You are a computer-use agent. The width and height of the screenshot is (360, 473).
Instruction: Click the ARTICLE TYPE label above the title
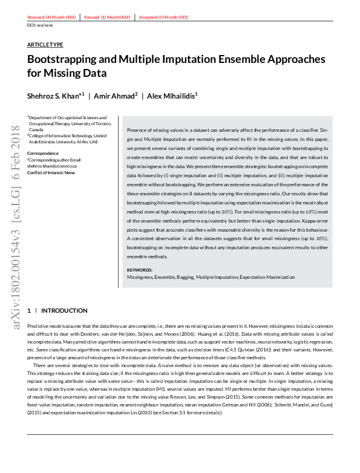(x=45, y=45)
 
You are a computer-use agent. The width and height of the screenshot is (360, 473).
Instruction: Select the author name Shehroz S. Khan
(x=54, y=96)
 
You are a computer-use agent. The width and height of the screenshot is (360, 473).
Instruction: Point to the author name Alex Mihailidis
(x=173, y=96)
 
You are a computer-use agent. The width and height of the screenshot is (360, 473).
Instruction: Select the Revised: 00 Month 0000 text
(x=107, y=18)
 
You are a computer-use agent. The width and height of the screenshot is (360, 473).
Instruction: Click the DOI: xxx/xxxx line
(x=41, y=25)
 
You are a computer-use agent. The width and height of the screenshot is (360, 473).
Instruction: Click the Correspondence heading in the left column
(x=42, y=153)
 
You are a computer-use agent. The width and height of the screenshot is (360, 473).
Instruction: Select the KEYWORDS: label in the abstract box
(x=140, y=270)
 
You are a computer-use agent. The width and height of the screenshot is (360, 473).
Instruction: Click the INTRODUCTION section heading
(x=64, y=310)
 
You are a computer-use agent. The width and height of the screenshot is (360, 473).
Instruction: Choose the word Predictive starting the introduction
(x=39, y=326)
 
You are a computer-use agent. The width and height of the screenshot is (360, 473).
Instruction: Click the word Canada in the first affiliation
(x=36, y=130)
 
